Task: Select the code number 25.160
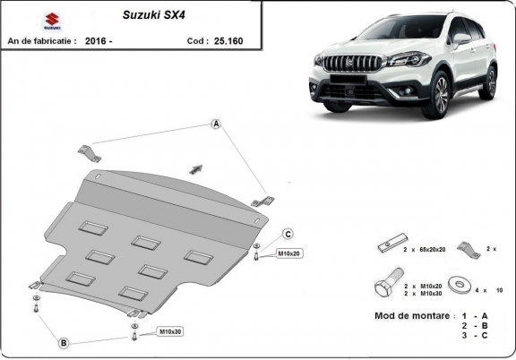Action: coord(226,40)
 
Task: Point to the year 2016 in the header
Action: coord(97,40)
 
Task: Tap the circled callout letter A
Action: coord(216,124)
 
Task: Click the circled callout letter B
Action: coord(64,343)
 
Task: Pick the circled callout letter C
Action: coord(288,234)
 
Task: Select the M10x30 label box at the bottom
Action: coord(171,332)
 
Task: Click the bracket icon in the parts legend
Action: coord(466,247)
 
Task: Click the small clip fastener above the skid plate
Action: coord(196,167)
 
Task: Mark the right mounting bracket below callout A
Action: coord(261,202)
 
